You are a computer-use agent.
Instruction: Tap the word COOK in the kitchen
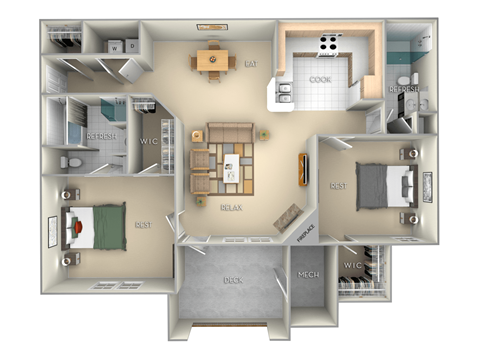click(x=321, y=79)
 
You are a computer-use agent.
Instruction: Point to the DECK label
click(x=232, y=280)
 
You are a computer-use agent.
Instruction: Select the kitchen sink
click(x=283, y=93)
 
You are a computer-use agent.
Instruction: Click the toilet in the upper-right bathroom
click(x=404, y=80)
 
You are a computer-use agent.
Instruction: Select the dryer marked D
click(x=132, y=46)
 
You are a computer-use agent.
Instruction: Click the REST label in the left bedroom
click(x=142, y=224)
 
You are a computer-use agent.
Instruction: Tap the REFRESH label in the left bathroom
click(x=102, y=135)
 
